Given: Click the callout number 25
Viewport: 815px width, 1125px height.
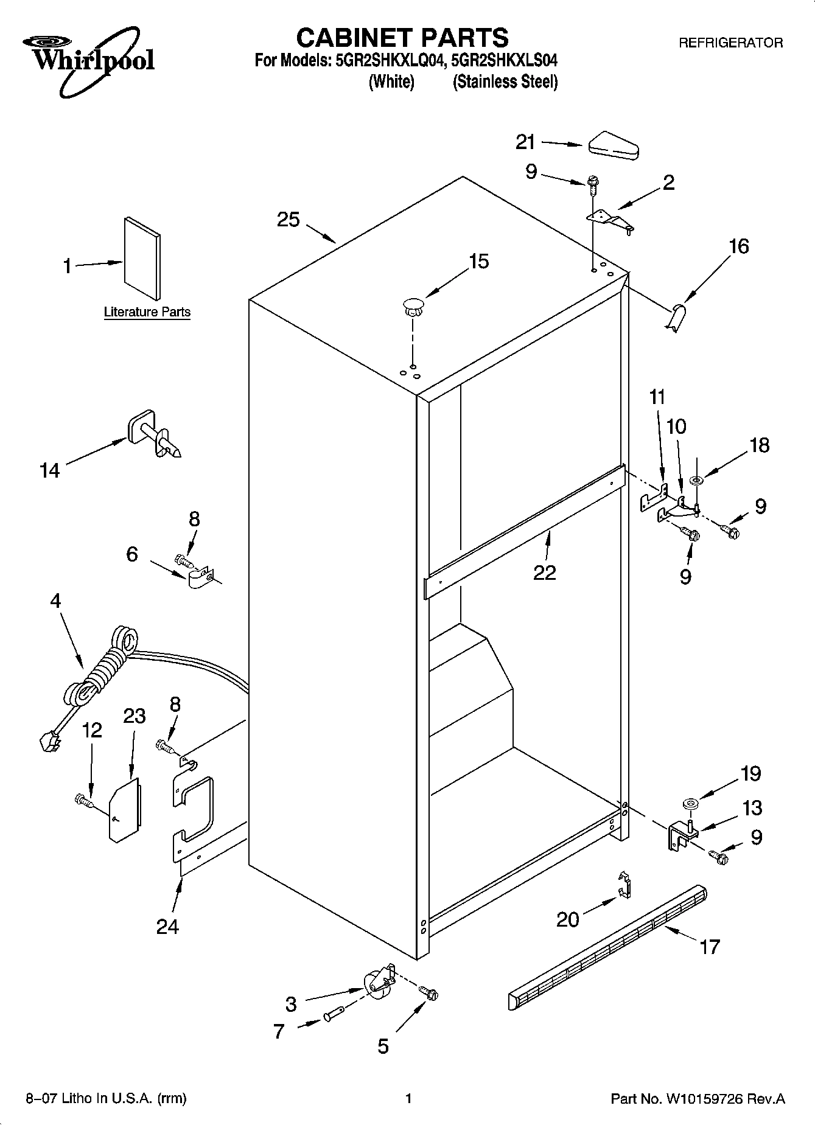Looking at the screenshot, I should click(289, 220).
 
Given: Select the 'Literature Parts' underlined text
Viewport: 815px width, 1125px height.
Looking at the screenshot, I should click(147, 312).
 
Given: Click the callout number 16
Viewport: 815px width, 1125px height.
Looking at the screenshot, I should click(738, 246).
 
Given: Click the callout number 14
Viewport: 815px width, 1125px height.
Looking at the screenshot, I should click(50, 470).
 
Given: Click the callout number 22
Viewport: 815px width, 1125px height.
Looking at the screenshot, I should click(545, 573).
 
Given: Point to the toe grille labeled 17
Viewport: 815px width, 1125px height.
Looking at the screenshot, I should click(609, 937).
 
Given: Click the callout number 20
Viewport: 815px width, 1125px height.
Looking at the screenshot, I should click(568, 919).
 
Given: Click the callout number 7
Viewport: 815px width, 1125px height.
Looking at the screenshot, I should click(279, 1031).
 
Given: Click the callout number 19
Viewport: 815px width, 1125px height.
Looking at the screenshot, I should click(750, 774).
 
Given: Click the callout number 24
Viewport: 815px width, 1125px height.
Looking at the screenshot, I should click(167, 927).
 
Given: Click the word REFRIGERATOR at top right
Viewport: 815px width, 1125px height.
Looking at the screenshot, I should click(730, 43).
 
